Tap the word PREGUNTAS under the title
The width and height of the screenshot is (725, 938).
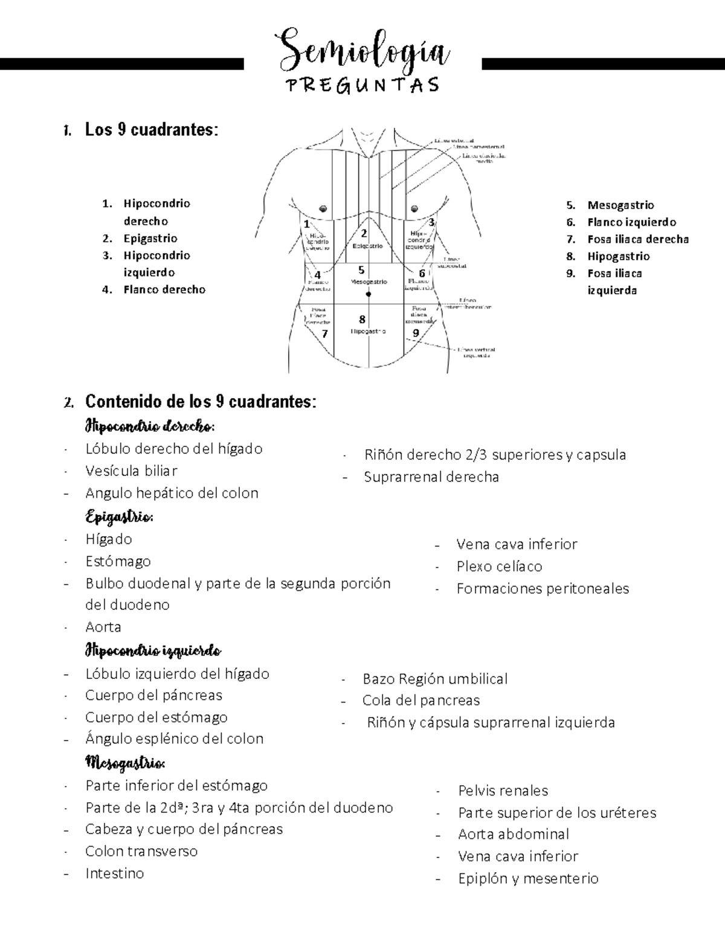(x=363, y=85)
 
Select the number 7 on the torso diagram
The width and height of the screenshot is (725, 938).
(x=324, y=333)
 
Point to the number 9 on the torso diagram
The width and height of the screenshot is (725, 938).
(x=416, y=333)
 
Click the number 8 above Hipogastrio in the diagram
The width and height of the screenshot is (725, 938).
(x=362, y=320)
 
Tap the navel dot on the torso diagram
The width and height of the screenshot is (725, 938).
(x=368, y=294)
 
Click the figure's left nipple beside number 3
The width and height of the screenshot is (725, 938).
(x=414, y=209)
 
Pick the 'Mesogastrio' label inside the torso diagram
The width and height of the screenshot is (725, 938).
(x=369, y=282)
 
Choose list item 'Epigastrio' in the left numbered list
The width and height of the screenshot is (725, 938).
(x=150, y=239)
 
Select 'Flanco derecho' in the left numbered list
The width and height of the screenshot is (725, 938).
(x=164, y=290)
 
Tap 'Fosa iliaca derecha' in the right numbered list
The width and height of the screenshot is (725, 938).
(x=638, y=239)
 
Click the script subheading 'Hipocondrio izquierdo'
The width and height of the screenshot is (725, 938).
(x=153, y=651)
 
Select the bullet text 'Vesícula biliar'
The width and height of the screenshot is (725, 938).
(x=131, y=471)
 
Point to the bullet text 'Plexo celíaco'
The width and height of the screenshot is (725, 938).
(x=499, y=567)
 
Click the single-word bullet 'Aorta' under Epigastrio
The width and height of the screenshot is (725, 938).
(x=103, y=627)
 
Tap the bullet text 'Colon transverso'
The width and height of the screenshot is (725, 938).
(x=141, y=852)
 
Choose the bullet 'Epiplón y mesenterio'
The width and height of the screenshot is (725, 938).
(x=528, y=879)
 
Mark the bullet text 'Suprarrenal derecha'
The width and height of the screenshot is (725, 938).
(x=431, y=477)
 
